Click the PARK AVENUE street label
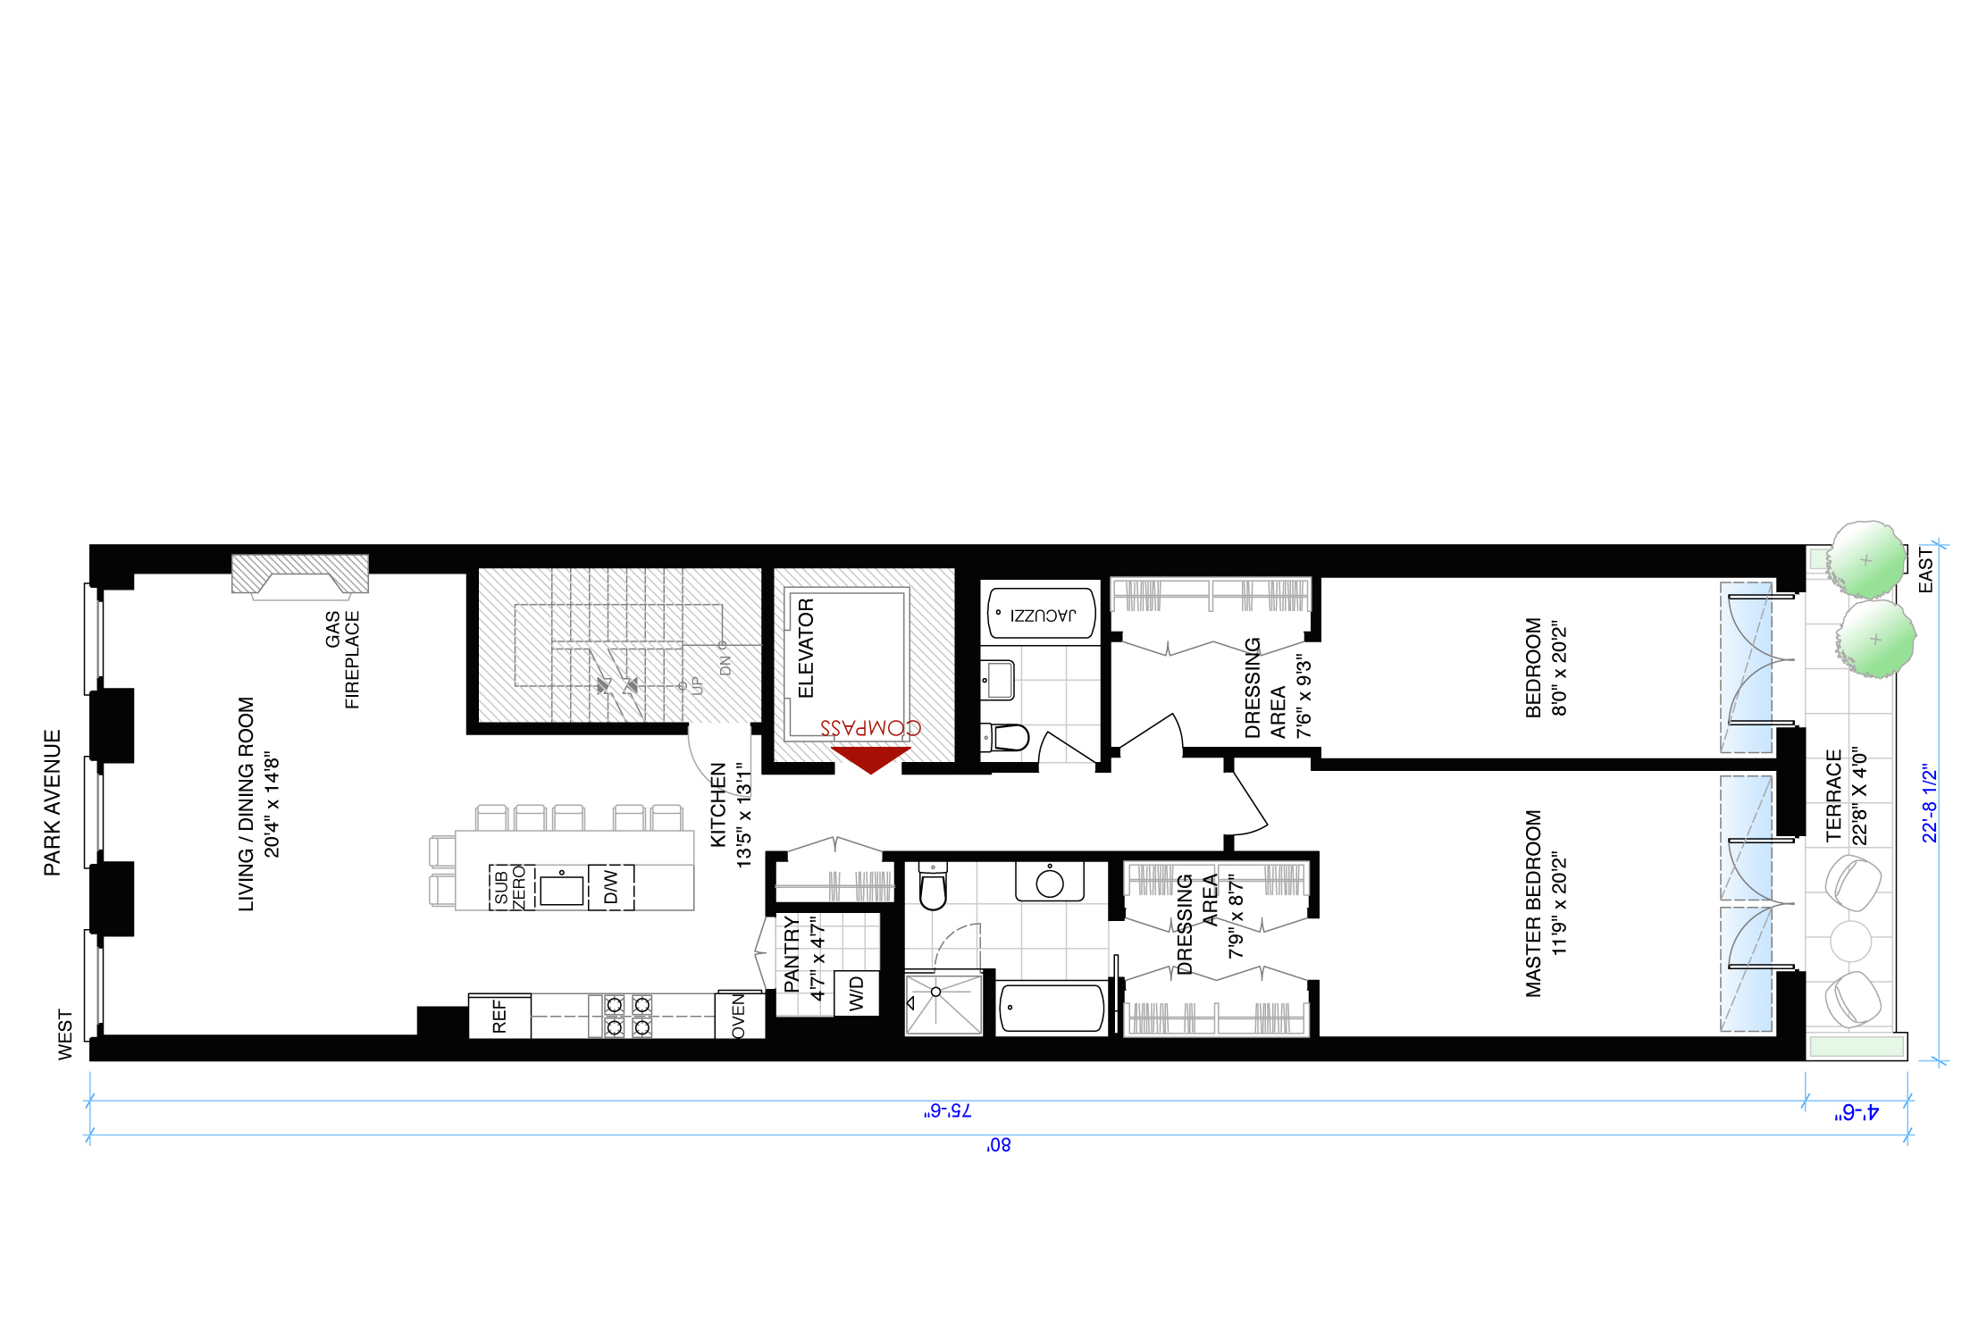[53, 802]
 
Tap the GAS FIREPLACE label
[342, 659]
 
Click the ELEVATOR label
[806, 648]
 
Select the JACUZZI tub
[1042, 614]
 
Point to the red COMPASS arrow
[870, 759]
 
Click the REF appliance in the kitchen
[499, 1016]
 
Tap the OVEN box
[739, 1017]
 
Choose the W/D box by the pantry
[856, 993]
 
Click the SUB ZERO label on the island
[510, 887]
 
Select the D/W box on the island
[611, 887]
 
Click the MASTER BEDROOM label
[1534, 903]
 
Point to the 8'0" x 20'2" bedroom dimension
[1560, 668]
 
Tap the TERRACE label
[1834, 795]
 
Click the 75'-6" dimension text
[947, 1110]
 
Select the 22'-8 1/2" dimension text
[1930, 802]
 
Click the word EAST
[1925, 569]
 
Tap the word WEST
[65, 1034]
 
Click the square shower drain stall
[943, 1004]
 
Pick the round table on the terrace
[1850, 941]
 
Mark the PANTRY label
[791, 953]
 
